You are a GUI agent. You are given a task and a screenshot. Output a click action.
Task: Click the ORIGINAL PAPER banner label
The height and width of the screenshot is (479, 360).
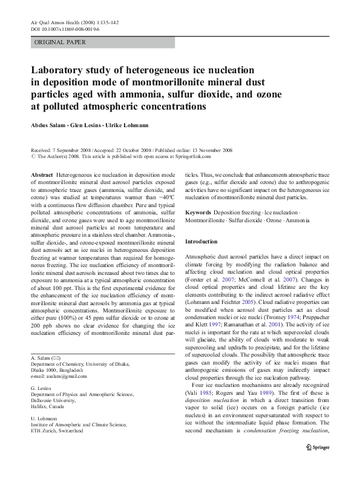coord(59,42)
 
